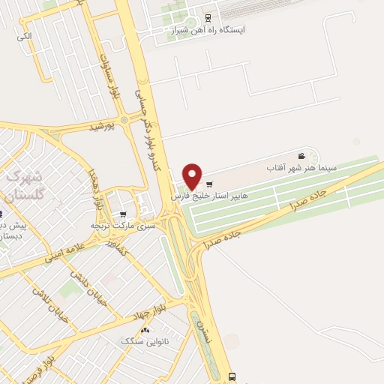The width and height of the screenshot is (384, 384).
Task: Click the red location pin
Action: click(193, 175)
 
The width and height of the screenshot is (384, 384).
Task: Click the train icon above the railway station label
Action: click(208, 17)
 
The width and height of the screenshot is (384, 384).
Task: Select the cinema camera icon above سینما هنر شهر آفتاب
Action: click(301, 155)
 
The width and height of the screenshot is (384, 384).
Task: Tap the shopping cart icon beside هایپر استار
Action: click(209, 184)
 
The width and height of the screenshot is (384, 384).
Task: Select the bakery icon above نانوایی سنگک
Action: click(145, 329)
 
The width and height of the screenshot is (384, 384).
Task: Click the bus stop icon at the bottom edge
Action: click(232, 376)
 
